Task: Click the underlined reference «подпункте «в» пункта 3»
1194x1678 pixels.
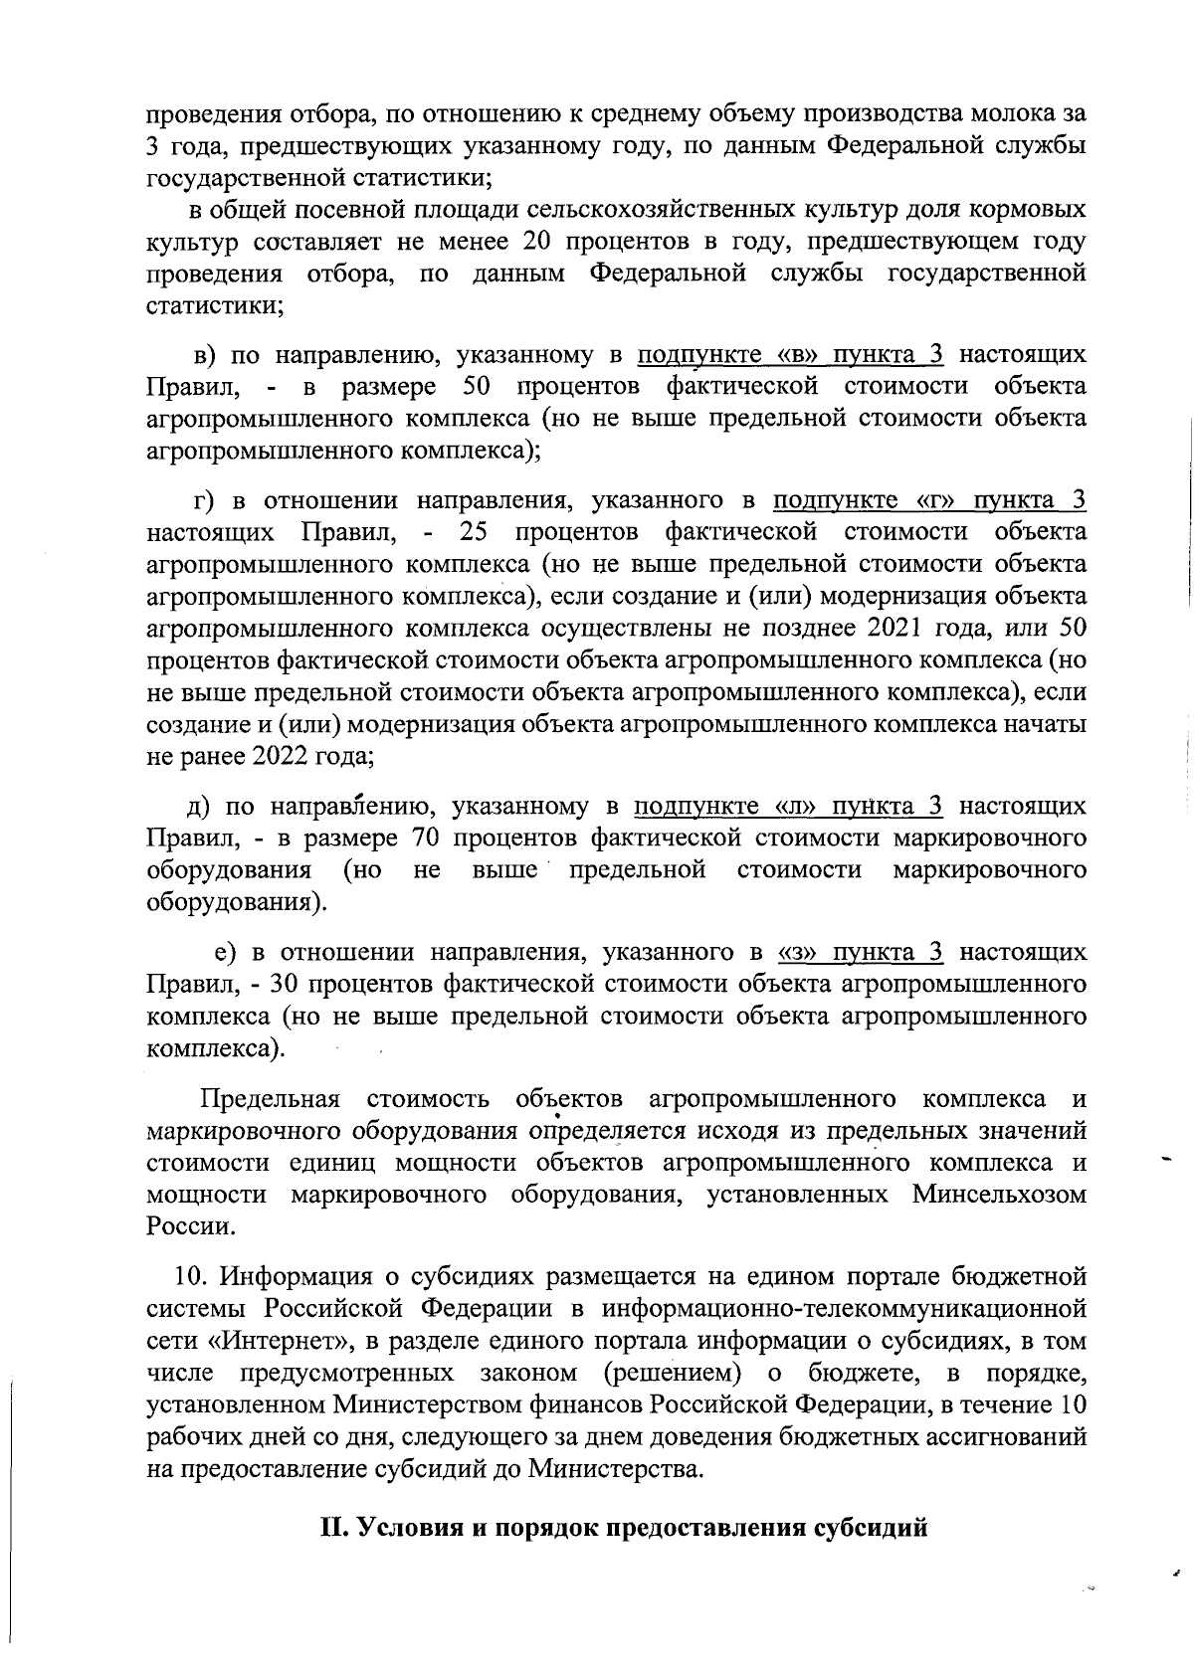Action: pyautogui.click(x=790, y=355)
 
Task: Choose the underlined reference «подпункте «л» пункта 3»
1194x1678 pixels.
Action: pyautogui.click(x=789, y=806)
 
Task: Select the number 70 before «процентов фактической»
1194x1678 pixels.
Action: pyautogui.click(x=425, y=839)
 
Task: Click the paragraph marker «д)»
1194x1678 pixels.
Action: pyautogui.click(x=199, y=806)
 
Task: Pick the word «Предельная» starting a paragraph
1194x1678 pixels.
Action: pyautogui.click(x=270, y=1099)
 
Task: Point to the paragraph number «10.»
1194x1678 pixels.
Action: pyautogui.click(x=189, y=1276)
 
